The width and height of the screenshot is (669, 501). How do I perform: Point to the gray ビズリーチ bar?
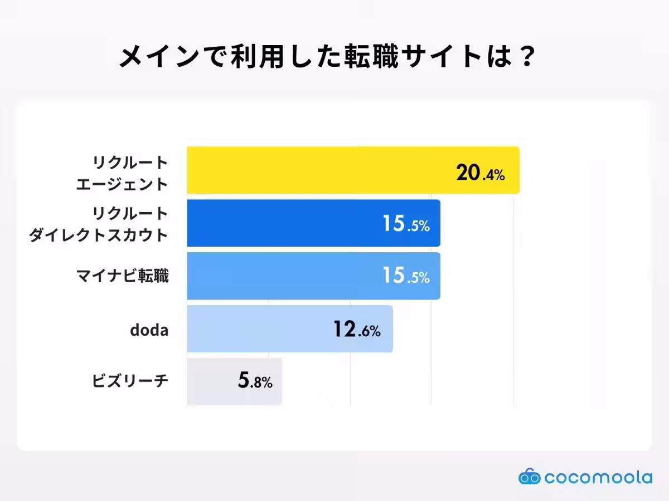[212, 382]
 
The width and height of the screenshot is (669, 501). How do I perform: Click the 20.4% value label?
[480, 174]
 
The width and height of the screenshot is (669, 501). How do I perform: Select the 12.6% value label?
[357, 330]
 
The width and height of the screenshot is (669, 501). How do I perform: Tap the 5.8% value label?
[255, 382]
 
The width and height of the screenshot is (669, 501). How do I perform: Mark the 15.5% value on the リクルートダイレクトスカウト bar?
[406, 224]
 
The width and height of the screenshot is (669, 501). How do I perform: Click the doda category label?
[149, 330]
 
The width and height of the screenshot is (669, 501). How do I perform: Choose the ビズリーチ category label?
[130, 382]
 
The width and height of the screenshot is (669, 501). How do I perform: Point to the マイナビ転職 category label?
[122, 276]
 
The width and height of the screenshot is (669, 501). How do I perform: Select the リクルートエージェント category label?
[122, 173]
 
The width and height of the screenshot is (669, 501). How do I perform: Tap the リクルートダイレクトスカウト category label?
[99, 224]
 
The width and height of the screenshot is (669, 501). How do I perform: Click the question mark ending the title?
[525, 57]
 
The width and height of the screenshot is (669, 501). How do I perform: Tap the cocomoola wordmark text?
[598, 478]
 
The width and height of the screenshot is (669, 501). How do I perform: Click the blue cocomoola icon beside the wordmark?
[529, 477]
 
